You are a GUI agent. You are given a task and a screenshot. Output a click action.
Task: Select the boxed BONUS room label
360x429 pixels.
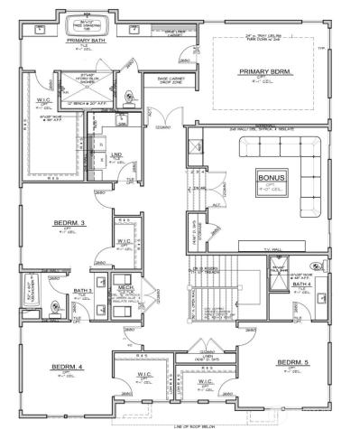[271, 177]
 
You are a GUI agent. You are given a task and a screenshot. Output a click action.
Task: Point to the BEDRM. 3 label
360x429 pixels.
[68, 222]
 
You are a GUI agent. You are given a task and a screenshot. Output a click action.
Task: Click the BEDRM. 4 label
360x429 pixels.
[67, 367]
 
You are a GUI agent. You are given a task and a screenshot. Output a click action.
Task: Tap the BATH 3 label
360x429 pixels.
[83, 290]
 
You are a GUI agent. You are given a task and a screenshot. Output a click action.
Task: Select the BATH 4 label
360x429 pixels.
[300, 285]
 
